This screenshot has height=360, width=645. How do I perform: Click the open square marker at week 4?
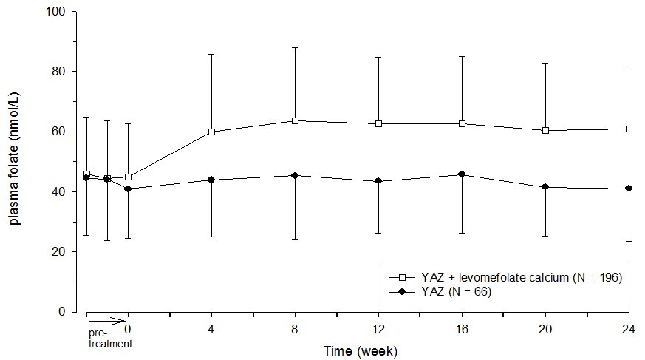(212, 132)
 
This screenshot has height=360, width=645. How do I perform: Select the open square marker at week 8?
(295, 120)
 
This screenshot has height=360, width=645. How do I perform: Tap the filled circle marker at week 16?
(463, 174)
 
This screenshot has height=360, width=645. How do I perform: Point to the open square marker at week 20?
(546, 130)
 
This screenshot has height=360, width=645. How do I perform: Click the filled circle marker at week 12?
(378, 181)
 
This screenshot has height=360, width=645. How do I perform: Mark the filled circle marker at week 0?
(129, 189)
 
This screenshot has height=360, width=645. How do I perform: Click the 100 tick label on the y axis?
(56, 12)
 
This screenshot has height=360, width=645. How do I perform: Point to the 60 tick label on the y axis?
(59, 132)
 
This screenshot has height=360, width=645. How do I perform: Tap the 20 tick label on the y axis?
(59, 252)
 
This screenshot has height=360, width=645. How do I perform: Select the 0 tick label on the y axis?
(62, 312)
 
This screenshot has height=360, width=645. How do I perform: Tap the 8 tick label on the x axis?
(295, 327)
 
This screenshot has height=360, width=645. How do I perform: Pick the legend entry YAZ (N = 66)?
(457, 292)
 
